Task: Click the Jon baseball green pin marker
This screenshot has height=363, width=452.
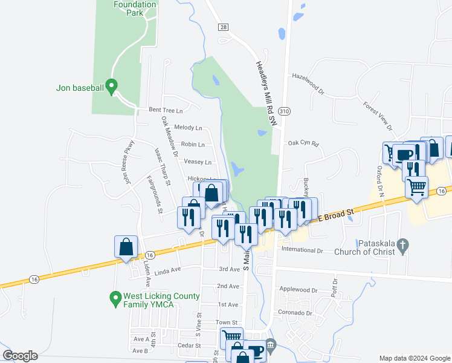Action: [111, 87]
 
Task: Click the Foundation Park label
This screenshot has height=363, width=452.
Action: [135, 8]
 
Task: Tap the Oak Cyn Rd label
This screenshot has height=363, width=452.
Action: [303, 143]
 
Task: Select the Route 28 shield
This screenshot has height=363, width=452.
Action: [224, 27]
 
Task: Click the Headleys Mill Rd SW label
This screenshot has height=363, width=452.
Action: [265, 93]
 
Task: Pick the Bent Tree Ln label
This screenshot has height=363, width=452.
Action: [166, 110]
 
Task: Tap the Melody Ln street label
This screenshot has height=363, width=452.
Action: [188, 128]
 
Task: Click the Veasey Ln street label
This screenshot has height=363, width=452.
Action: [198, 162]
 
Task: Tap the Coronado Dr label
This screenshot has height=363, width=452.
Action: [295, 313]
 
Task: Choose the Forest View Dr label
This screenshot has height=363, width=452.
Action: [378, 114]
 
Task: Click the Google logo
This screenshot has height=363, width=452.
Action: [21, 356]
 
